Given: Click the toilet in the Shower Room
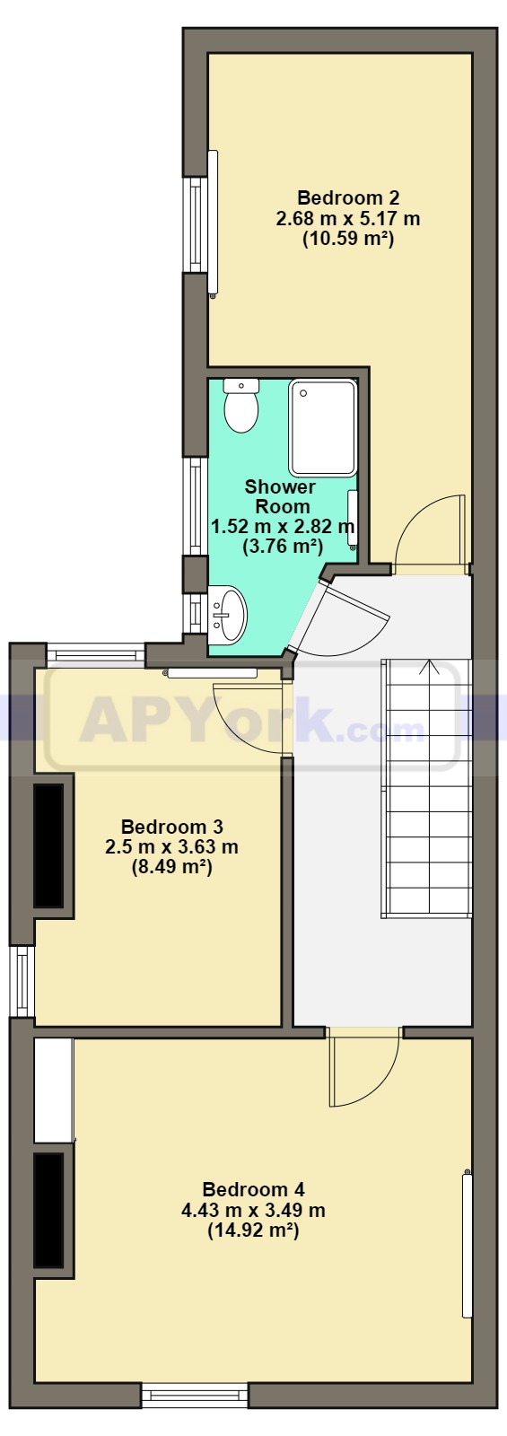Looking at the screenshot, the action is click(241, 405).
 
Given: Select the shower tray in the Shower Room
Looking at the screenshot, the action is click(322, 427).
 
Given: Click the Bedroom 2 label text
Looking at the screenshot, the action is click(349, 197).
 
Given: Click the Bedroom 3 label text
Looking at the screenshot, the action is click(171, 826).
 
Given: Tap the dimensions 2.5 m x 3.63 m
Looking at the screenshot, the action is click(171, 847).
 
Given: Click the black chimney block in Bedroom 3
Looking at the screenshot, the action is click(48, 845).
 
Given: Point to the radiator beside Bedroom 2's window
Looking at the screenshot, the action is click(213, 223).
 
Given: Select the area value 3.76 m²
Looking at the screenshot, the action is click(283, 547).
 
